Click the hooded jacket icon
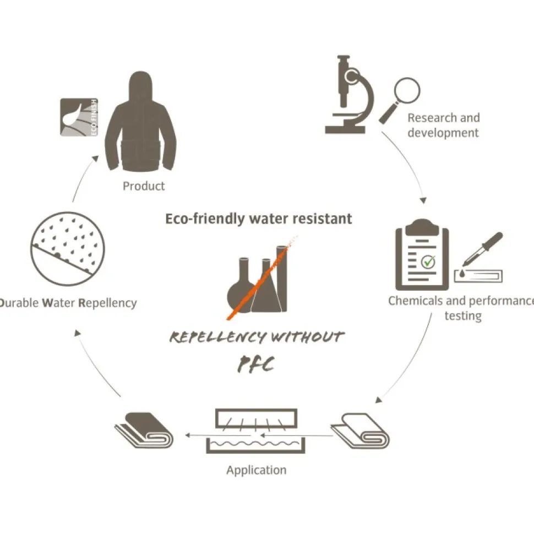pyautogui.click(x=140, y=123)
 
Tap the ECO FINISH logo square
pyautogui.click(x=79, y=117)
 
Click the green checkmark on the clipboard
pyautogui.click(x=428, y=261)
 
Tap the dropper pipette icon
pyautogui.click(x=482, y=249)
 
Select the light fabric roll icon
pyautogui.click(x=361, y=431)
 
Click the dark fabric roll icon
pyautogui.click(x=144, y=430)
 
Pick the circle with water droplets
pyautogui.click(x=67, y=249)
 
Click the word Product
pyautogui.click(x=144, y=186)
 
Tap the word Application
pyautogui.click(x=257, y=470)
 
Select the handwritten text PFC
pyautogui.click(x=256, y=364)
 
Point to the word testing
pyautogui.click(x=463, y=315)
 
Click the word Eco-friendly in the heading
pyautogui.click(x=205, y=219)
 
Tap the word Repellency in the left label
pyautogui.click(x=107, y=303)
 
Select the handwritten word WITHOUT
pyautogui.click(x=307, y=337)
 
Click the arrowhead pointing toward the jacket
pyautogui.click(x=96, y=159)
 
